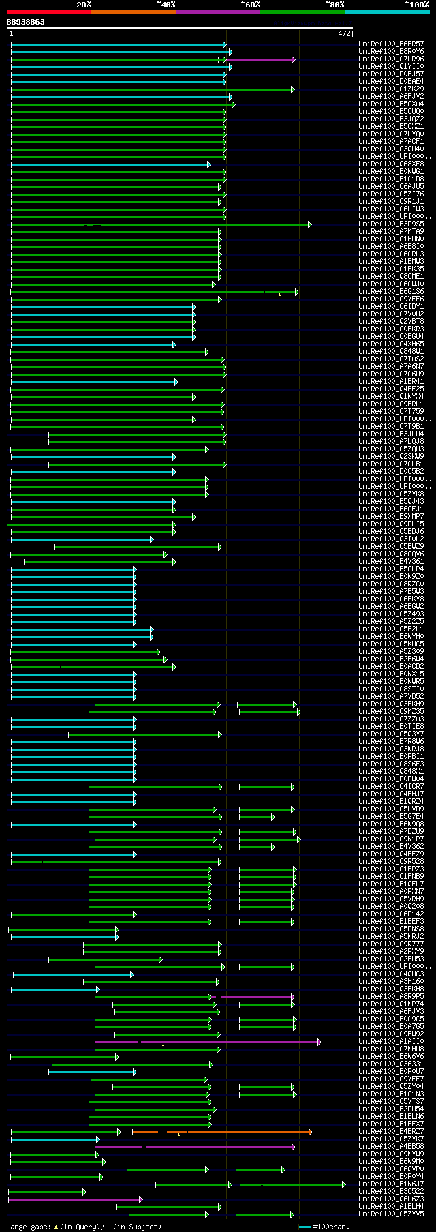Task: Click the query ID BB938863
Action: point(26,22)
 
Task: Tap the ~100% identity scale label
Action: point(416,5)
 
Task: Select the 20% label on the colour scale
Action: point(84,5)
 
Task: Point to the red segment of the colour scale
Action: point(48,12)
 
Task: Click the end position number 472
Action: point(344,33)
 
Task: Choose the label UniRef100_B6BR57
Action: point(391,44)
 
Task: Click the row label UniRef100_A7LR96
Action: point(391,59)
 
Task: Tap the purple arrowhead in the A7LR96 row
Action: point(293,59)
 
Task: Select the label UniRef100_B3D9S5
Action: point(391,224)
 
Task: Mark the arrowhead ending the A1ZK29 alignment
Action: point(293,89)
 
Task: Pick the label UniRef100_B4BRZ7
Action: point(391,1132)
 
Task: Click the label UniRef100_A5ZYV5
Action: point(391,1214)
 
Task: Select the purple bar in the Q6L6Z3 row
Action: point(75,1199)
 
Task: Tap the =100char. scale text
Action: point(331,1227)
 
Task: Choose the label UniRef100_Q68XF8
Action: point(391,164)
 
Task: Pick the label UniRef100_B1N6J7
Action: point(391,1184)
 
